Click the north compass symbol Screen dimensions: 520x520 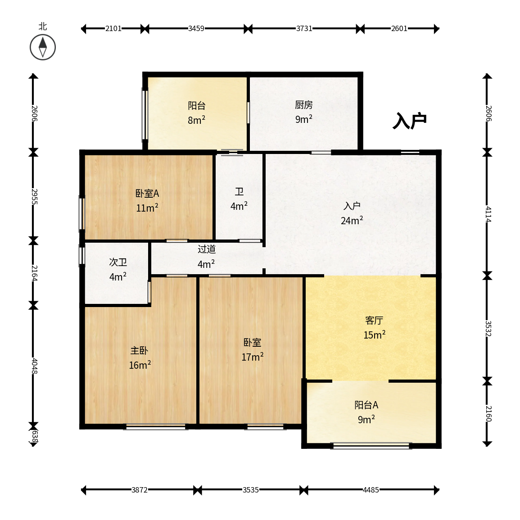43,47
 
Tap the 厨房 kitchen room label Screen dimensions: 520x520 304,105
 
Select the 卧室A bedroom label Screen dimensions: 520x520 147,193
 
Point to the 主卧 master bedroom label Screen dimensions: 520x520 139,351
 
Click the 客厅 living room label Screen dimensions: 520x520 374,321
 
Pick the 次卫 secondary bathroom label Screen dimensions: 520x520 118,262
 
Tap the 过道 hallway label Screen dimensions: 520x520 207,249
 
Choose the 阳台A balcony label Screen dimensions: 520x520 366,405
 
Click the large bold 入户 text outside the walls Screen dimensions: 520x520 410,121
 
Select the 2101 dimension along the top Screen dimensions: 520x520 113,28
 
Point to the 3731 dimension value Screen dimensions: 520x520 304,28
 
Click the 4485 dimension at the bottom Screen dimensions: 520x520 371,490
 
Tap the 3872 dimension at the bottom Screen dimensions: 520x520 139,490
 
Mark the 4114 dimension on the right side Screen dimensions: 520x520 488,214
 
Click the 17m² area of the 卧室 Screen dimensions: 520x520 253,357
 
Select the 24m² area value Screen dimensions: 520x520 352,220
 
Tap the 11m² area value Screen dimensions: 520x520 147,208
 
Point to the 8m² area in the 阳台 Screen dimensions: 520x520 197,120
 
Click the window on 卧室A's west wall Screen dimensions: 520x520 81,213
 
